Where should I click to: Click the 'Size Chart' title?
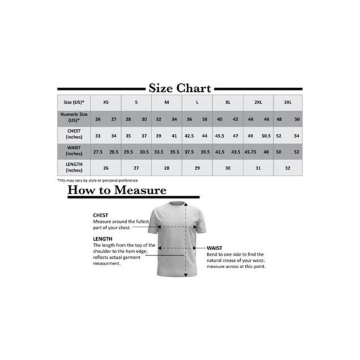[180, 88]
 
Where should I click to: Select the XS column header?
[106, 102]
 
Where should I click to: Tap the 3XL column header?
[287, 102]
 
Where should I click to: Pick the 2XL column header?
[258, 102]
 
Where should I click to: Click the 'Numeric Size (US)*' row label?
[74, 118]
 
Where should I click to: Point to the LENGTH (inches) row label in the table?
[74, 168]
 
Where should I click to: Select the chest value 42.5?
[189, 135]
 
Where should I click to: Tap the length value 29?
[197, 168]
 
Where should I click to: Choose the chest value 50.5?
[266, 135]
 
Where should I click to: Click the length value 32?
[287, 168]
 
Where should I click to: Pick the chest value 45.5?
[219, 135]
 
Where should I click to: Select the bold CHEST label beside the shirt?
[101, 215]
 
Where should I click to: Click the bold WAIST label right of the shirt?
[215, 247]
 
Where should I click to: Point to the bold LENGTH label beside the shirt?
[102, 238]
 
